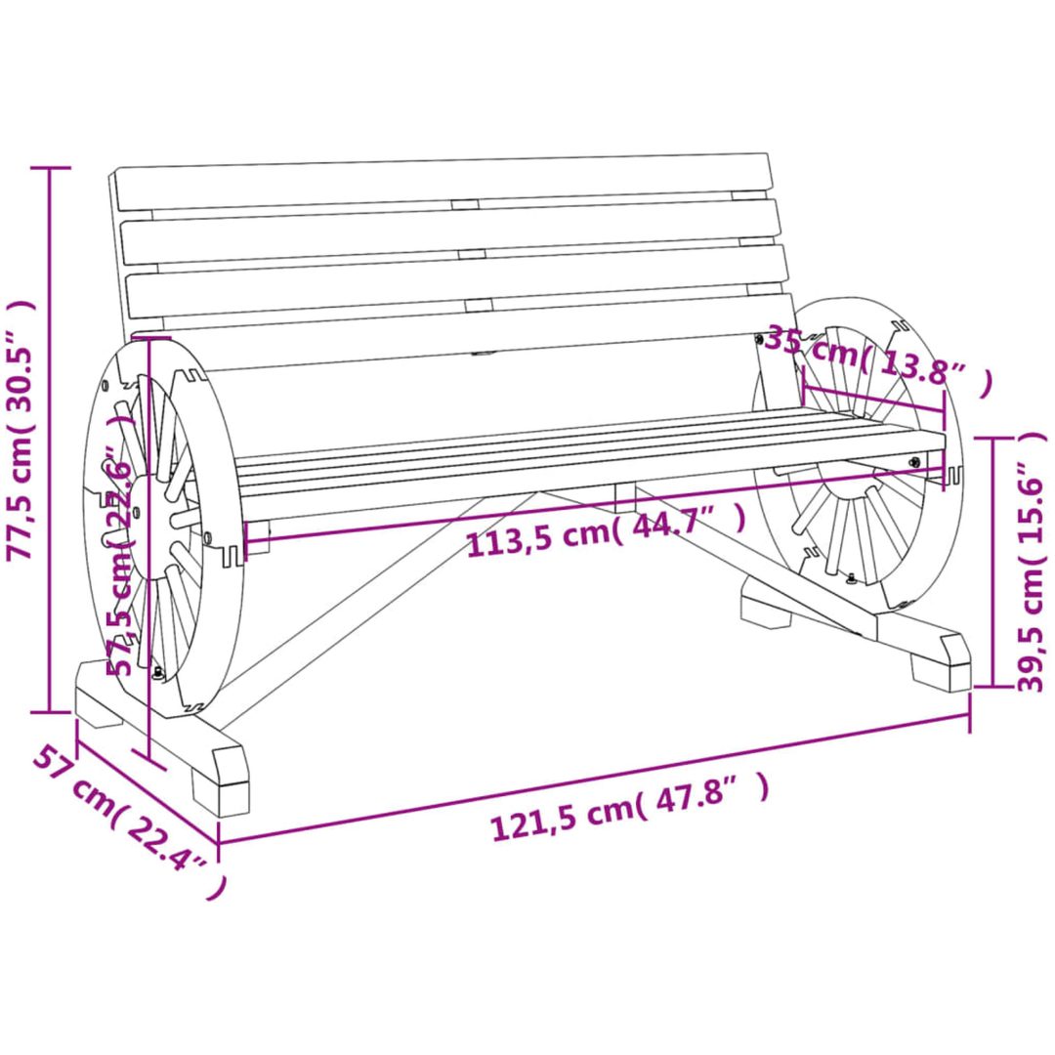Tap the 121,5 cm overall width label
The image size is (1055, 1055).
[629, 808]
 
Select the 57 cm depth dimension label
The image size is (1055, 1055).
[128, 818]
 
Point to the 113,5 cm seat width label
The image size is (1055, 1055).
[607, 530]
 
